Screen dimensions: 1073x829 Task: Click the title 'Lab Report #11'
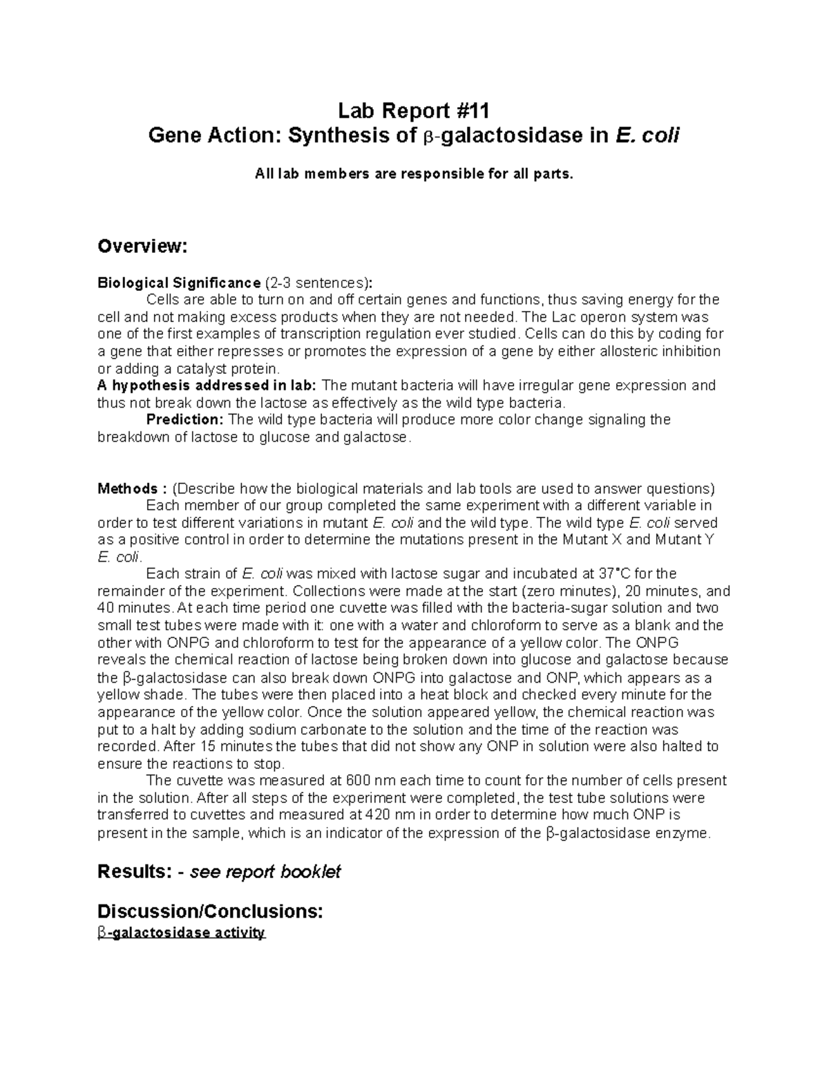click(414, 110)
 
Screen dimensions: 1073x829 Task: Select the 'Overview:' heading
click(142, 247)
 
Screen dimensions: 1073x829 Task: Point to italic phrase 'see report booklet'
click(265, 872)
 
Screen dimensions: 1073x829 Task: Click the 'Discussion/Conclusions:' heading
click(210, 911)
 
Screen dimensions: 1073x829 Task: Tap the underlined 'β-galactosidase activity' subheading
click(181, 933)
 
